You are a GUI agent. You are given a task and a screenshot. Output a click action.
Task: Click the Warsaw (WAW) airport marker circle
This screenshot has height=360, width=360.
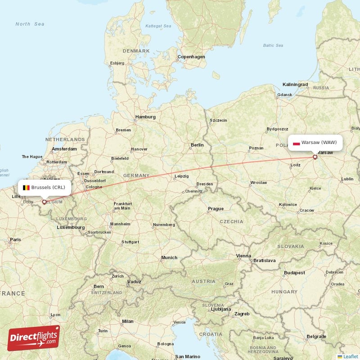315,157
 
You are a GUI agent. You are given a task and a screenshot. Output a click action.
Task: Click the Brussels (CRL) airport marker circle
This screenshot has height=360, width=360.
44,202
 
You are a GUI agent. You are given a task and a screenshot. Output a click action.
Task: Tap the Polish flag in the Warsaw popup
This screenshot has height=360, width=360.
296,143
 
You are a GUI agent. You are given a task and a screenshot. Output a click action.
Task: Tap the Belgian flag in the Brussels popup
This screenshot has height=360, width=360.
26,187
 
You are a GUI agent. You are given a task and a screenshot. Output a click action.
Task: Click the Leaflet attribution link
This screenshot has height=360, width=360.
350,356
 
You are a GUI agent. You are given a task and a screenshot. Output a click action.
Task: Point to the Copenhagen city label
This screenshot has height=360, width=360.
191,57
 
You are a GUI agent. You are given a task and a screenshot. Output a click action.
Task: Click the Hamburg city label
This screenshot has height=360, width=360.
145,117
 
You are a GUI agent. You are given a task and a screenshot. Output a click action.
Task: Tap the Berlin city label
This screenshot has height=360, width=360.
197,145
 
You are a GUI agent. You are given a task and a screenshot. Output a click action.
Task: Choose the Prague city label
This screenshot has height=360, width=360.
216,209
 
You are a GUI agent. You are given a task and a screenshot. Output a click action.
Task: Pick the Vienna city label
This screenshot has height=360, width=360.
244,256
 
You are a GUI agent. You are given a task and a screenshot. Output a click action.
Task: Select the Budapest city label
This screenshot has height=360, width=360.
295,273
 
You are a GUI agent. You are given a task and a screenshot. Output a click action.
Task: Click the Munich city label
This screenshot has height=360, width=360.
169,257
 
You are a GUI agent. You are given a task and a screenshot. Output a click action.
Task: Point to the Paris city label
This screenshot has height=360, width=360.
16,239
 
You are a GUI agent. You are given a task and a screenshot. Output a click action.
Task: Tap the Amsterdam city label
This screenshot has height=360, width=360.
64,148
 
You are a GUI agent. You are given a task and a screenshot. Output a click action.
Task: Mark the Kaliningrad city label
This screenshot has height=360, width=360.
295,84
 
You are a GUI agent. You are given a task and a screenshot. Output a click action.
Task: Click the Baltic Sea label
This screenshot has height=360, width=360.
273,45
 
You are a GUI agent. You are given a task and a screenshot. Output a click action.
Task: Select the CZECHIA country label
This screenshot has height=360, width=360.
231,221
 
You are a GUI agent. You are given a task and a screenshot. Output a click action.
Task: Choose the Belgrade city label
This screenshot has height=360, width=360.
317,336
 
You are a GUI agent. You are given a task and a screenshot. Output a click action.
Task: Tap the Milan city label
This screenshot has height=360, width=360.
127,321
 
